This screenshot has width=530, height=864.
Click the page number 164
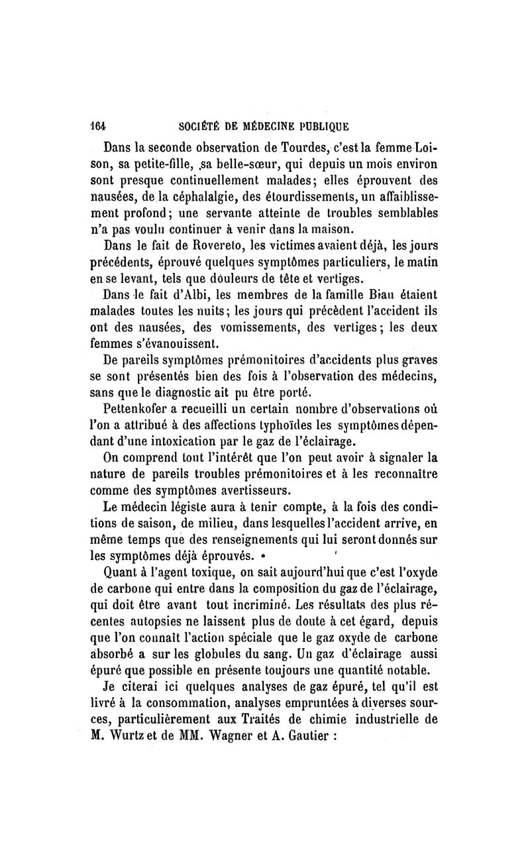tap(99, 127)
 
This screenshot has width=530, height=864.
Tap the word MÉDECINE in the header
tap(271, 127)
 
